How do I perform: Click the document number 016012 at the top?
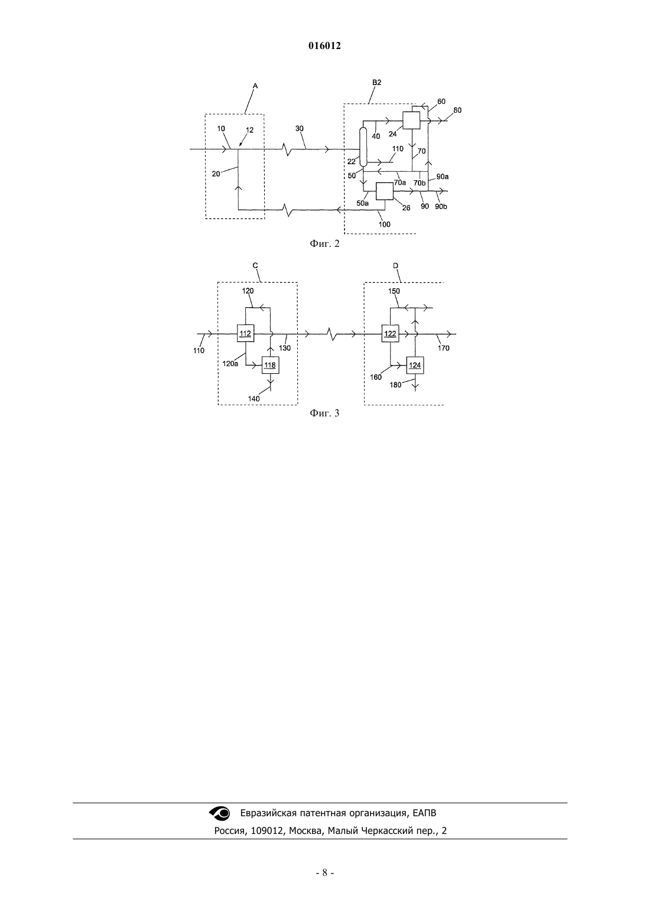click(324, 45)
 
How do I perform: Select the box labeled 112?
click(245, 333)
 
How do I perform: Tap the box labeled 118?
click(271, 365)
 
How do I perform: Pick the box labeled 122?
click(390, 334)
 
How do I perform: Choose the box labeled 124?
click(415, 365)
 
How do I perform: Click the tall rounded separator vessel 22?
click(363, 147)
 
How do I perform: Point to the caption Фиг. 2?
click(324, 244)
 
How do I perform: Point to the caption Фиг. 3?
click(324, 413)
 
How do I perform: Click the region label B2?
click(377, 83)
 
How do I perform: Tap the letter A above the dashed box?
click(255, 86)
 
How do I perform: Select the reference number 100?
click(385, 224)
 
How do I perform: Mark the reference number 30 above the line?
click(300, 128)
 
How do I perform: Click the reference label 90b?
click(441, 206)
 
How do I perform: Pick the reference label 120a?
click(230, 363)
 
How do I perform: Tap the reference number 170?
click(444, 348)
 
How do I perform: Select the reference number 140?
click(254, 398)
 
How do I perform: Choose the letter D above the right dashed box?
click(395, 266)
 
